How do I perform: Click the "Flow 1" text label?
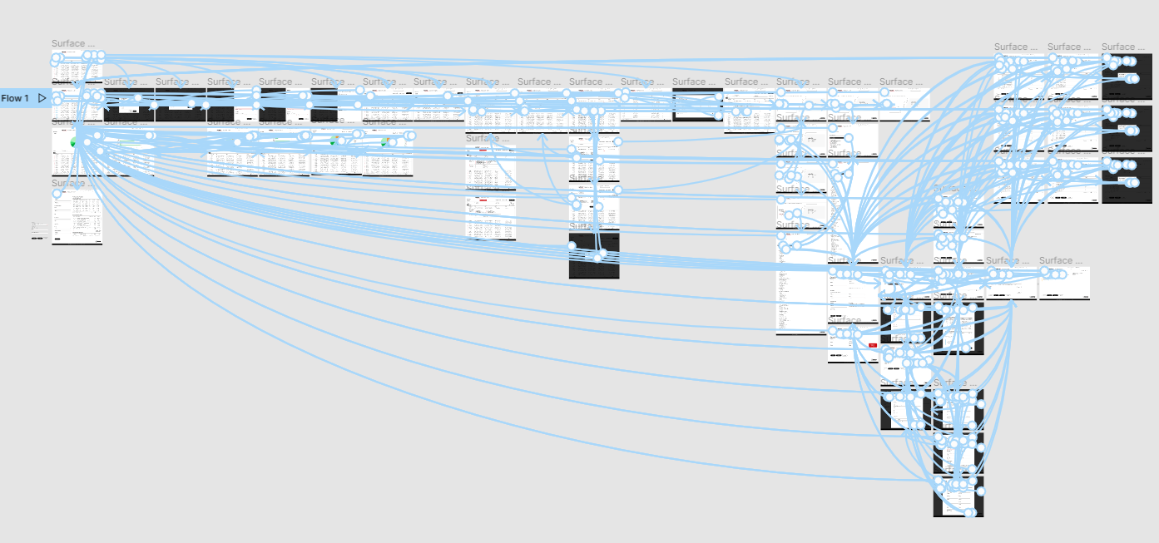coord(15,98)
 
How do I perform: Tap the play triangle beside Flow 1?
coord(42,98)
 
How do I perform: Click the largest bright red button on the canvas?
coord(872,344)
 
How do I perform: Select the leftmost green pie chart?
coord(74,143)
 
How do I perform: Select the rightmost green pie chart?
coord(384,142)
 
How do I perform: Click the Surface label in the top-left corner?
coord(73,44)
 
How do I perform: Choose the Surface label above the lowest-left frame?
coord(73,184)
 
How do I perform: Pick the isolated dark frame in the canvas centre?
coord(594,255)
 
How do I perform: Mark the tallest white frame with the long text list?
coord(800,283)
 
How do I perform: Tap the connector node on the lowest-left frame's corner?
coord(57,194)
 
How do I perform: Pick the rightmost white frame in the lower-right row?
coord(1064,283)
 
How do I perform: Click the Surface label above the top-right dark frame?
coord(1123,47)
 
